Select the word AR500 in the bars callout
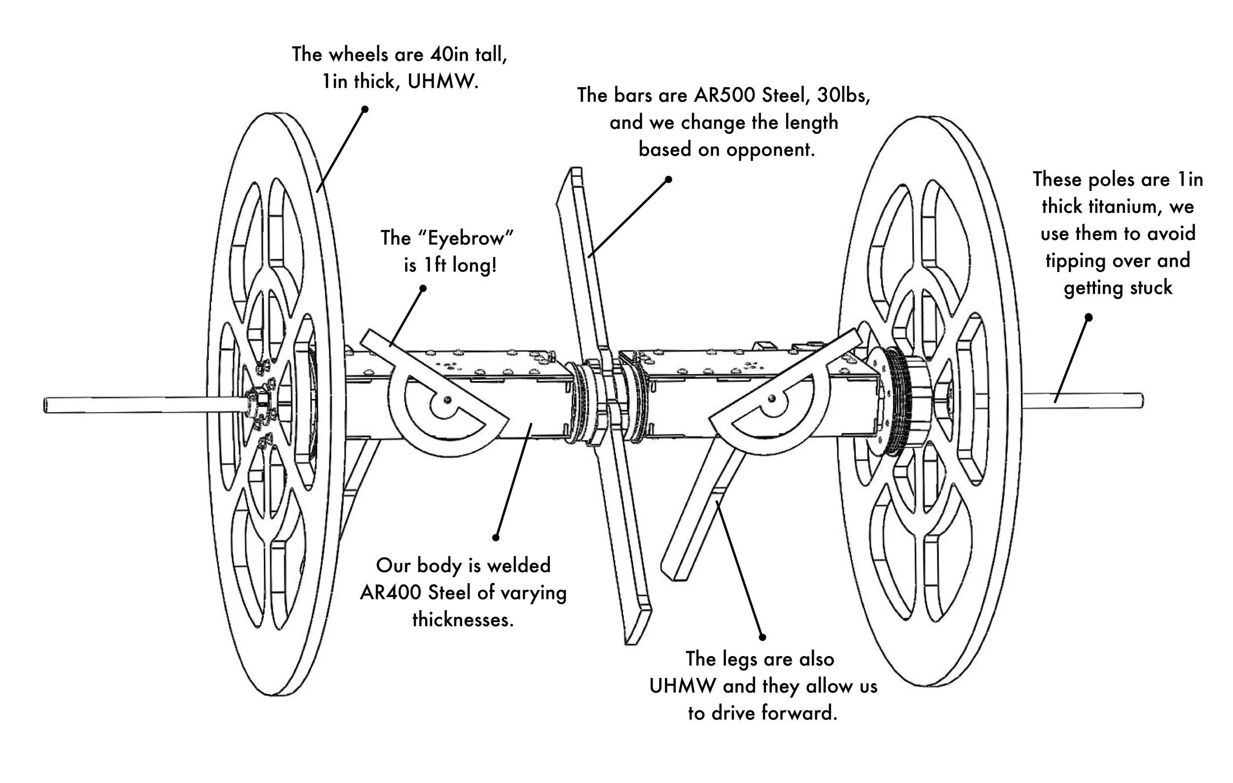726,95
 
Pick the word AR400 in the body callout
391,593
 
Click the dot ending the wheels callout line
365,109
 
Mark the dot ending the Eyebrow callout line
423,288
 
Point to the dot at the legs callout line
762,637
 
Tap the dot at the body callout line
496,538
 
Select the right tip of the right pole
1142,400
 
